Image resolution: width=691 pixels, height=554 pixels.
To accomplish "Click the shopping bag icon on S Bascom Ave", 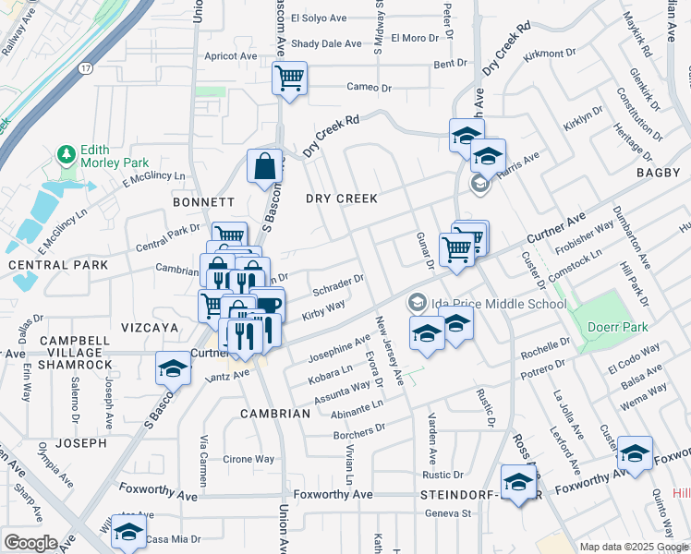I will click(x=264, y=166).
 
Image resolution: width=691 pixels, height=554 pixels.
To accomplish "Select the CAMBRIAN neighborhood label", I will click(x=275, y=414).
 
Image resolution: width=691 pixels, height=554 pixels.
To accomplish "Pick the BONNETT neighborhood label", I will click(x=203, y=201).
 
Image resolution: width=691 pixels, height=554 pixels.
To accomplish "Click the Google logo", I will click(x=30, y=543).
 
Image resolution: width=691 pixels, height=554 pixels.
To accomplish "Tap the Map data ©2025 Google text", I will click(x=635, y=547).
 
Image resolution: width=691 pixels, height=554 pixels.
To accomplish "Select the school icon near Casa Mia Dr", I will click(x=128, y=530).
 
